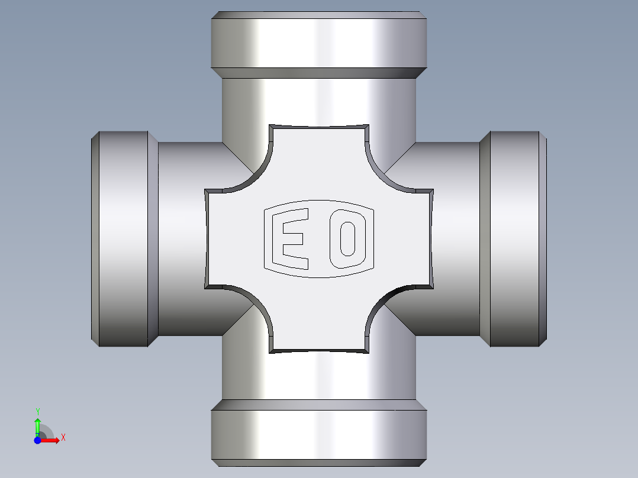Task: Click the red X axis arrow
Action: [52, 440]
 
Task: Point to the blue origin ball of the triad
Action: [38, 440]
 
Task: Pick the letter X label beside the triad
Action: [63, 438]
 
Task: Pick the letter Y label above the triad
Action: [37, 411]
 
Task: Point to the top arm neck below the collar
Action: [319, 101]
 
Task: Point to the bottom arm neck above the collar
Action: [319, 376]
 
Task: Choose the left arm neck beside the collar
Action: [183, 239]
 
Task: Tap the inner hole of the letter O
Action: [347, 238]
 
